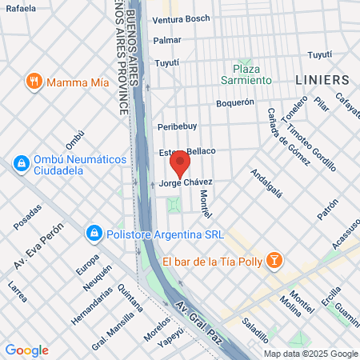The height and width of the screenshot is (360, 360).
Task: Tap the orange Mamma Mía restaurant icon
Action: point(34,81)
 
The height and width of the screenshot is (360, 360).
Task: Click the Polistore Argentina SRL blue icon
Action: point(94,232)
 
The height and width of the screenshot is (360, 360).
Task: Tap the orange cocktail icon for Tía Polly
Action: point(274,261)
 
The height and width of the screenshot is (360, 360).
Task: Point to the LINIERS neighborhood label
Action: point(322,80)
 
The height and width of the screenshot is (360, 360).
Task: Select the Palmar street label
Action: point(167,40)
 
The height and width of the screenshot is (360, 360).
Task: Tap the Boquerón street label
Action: point(235,102)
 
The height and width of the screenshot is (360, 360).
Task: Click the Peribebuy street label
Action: point(177,126)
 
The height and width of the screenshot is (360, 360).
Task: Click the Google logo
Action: point(26,350)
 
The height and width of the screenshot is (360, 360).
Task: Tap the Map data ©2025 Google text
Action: point(311,354)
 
